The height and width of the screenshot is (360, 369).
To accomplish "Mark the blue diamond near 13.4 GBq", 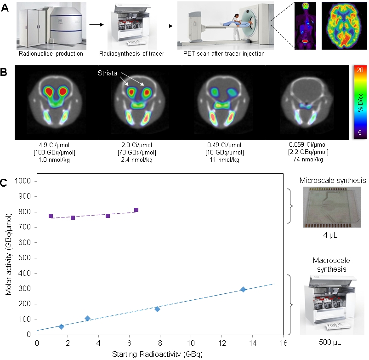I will [244, 290].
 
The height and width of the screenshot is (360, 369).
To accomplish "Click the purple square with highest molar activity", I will [136, 210].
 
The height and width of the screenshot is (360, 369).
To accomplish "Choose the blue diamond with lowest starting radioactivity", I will [62, 326].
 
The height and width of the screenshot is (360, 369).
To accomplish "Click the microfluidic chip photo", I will [329, 208].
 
